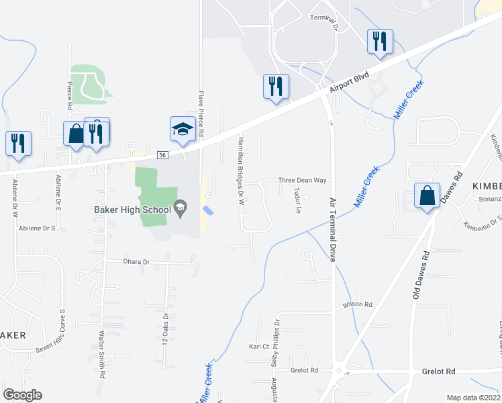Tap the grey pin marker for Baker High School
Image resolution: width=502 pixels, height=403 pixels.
tap(180, 208)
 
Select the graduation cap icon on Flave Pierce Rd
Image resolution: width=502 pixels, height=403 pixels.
tap(183, 129)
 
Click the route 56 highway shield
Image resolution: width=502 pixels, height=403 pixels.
tap(162, 155)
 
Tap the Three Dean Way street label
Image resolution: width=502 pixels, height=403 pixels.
tap(302, 181)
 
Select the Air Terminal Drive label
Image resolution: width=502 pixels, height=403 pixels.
tap(332, 229)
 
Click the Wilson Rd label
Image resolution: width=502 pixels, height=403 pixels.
tap(357, 304)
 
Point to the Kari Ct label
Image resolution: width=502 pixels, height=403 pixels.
tap(258, 347)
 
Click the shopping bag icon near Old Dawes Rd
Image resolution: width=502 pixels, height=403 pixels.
tap(427, 195)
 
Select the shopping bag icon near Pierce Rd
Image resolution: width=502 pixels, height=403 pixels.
tap(76, 133)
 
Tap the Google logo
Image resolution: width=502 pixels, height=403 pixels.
tap(22, 394)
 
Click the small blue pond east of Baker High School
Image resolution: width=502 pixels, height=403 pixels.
tap(209, 211)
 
